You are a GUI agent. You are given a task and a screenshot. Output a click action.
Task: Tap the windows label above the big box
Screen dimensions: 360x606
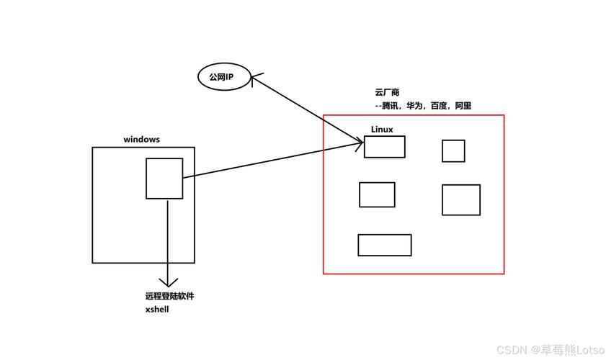point(141,139)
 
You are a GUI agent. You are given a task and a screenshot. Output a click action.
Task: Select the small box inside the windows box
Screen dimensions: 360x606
point(164,179)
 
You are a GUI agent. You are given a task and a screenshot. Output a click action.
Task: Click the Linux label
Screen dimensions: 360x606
point(382,130)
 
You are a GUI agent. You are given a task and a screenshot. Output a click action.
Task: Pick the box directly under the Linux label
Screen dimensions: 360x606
point(384,147)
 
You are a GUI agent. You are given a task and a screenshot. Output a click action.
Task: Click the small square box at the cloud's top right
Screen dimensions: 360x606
point(453,151)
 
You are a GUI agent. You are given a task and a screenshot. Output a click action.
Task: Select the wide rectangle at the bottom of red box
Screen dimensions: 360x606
point(384,245)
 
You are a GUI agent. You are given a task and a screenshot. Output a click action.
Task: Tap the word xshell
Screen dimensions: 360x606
point(157,309)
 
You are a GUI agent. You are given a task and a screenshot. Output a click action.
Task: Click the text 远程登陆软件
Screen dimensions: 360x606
point(169,296)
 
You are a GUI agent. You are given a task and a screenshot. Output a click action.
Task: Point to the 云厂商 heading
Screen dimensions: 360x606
point(387,93)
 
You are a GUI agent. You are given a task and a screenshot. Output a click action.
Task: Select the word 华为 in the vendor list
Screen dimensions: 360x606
point(416,106)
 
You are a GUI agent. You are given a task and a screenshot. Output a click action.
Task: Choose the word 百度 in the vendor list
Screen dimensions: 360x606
point(440,106)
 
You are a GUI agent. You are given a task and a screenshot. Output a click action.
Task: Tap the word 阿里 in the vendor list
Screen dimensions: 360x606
point(463,106)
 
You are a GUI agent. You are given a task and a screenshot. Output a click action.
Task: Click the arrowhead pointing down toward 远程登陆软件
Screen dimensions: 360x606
point(168,283)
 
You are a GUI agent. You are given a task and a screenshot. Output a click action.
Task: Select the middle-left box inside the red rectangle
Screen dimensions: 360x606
point(377,194)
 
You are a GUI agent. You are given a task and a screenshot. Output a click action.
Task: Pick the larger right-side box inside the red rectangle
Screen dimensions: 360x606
point(460,199)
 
